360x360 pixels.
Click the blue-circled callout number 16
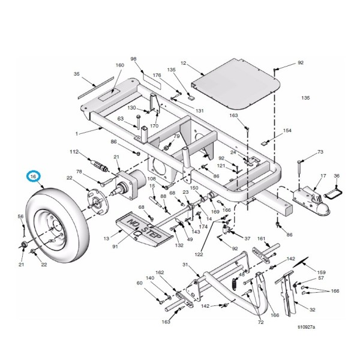34,176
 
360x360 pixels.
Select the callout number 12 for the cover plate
184,64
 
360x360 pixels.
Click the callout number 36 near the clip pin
337,176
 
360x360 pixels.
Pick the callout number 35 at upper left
76,74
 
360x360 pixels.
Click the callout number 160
119,65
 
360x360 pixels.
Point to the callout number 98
134,59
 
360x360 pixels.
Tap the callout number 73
320,152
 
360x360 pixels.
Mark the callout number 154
287,130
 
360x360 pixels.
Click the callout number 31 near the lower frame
185,266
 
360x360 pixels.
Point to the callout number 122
198,254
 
